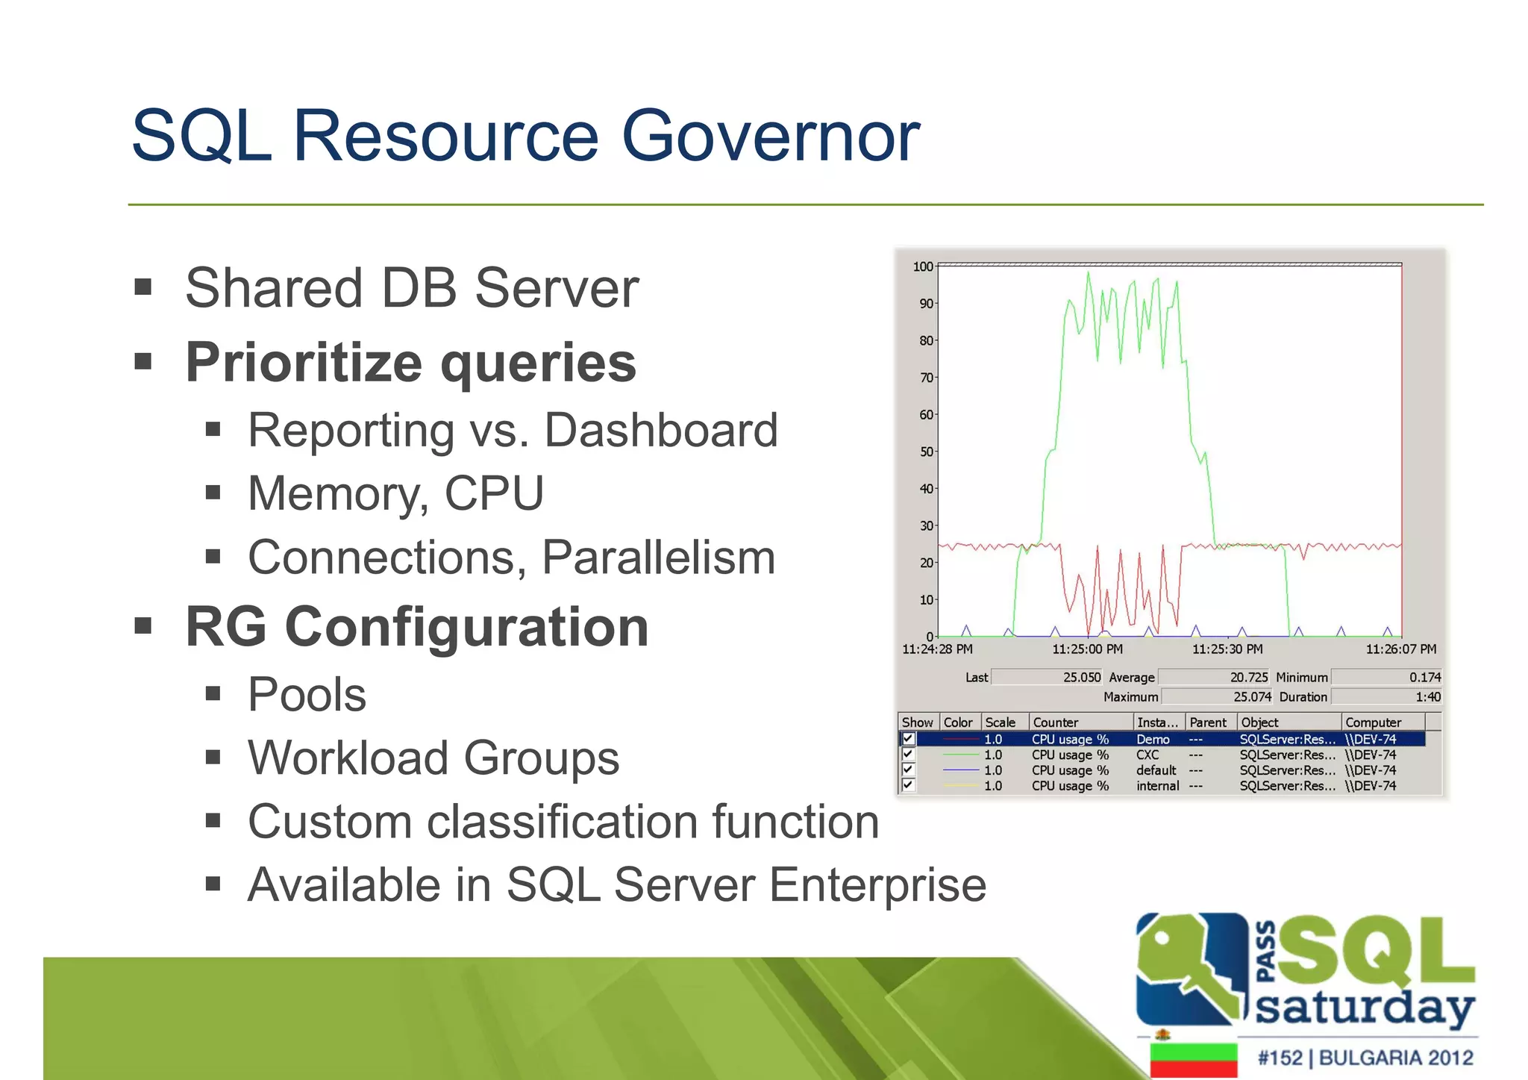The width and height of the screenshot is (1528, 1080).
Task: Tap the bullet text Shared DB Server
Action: click(411, 288)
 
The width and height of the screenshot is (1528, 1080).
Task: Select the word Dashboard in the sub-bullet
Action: click(661, 431)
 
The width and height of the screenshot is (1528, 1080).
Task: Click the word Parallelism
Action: click(658, 558)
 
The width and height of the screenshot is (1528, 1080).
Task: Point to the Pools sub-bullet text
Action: click(307, 695)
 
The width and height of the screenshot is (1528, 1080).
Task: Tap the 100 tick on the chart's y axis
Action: click(923, 266)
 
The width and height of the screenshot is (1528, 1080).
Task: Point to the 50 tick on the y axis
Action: click(926, 452)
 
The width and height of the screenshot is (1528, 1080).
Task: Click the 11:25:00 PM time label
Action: click(1087, 649)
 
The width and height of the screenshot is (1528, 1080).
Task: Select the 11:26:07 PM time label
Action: click(1400, 649)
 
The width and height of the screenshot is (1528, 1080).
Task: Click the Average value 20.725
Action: click(1248, 677)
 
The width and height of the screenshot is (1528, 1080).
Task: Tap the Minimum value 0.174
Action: click(1424, 677)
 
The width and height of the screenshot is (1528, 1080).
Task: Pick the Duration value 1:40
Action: click(1427, 696)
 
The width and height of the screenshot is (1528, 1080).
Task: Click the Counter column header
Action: click(1055, 722)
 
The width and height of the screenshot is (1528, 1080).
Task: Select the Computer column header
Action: click(1373, 722)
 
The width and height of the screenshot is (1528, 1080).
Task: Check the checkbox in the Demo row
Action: click(908, 739)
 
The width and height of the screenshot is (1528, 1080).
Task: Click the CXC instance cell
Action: click(1147, 755)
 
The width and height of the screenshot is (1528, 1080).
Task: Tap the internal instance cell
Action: click(1157, 786)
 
